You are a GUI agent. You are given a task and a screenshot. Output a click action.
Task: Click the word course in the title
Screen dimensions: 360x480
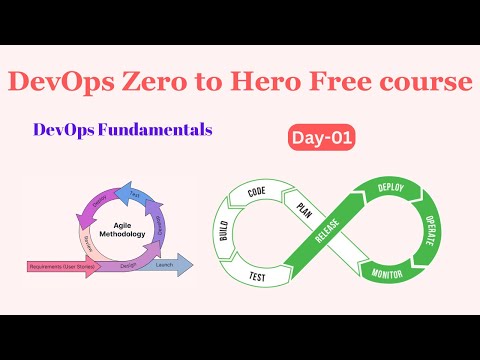421,82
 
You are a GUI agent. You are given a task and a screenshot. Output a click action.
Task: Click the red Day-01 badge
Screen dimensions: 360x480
324,140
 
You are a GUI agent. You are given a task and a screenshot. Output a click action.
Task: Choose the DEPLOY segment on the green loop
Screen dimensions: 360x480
389,187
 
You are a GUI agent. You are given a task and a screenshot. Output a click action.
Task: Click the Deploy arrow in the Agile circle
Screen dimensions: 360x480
99,199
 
